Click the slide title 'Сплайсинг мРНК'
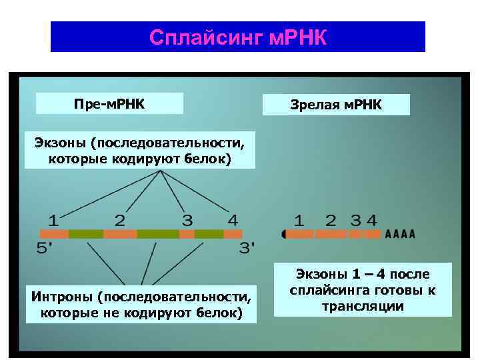coord(238,37)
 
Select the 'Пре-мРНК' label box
coord(109,104)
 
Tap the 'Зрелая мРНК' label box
coord(336,105)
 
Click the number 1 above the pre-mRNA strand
coord(53,219)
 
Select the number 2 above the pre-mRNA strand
coord(120,219)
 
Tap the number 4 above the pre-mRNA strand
coord(232,219)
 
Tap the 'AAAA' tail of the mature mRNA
coord(400,234)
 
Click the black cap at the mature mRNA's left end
coord(285,234)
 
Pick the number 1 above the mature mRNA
coord(299,219)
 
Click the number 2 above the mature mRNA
coord(331,219)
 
